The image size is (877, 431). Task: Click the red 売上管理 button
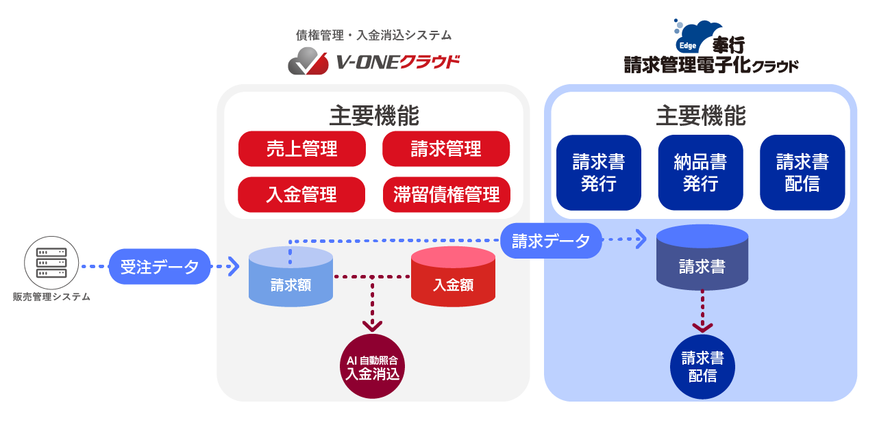[x=302, y=149]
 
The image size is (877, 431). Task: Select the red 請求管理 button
[x=446, y=149]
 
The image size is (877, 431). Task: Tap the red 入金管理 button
[x=302, y=194]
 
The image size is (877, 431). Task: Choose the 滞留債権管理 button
[x=446, y=194]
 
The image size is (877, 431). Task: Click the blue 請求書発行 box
[x=599, y=172]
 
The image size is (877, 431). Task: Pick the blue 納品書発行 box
[x=700, y=172]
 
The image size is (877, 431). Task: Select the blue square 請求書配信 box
[x=802, y=172]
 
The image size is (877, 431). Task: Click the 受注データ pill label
[x=160, y=266]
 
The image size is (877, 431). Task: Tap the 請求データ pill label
[x=551, y=241]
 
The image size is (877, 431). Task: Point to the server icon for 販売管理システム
[x=51, y=263]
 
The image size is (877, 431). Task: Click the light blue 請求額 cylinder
[x=291, y=276]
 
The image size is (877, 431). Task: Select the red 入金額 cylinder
[x=453, y=276]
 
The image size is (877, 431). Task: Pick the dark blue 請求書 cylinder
[x=702, y=259]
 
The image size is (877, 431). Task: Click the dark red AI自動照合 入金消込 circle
[x=373, y=366]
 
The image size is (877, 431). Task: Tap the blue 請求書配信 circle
[x=702, y=366]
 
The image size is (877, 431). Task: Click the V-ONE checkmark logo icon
[x=309, y=62]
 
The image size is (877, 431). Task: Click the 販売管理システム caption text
[x=51, y=297]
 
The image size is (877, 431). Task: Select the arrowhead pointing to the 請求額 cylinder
[x=232, y=265]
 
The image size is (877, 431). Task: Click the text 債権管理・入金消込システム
[x=373, y=35]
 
